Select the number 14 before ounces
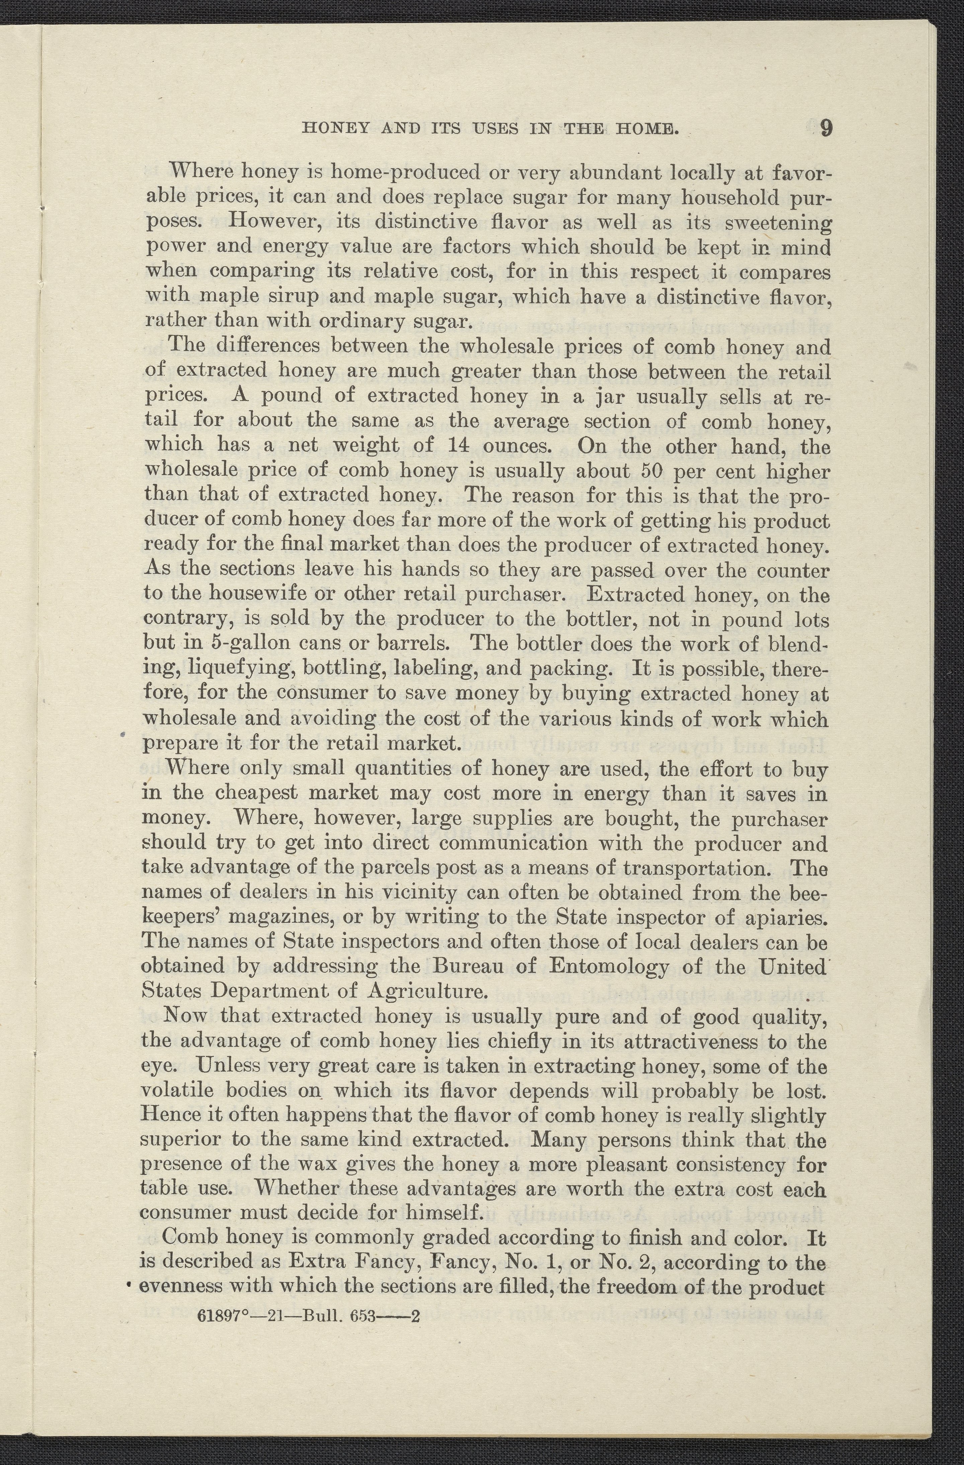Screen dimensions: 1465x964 pyautogui.click(x=459, y=445)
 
